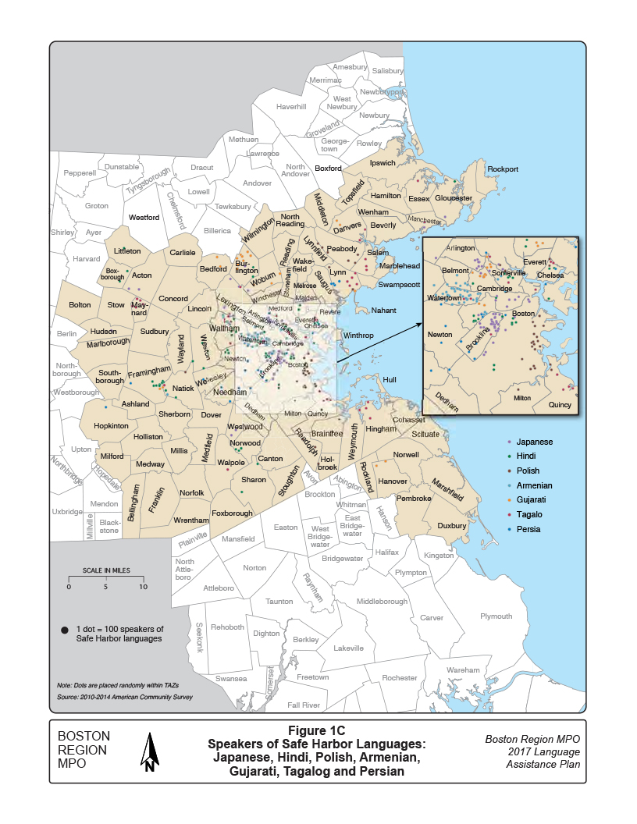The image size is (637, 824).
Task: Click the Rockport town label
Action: [x=502, y=169]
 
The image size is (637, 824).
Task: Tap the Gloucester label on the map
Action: [x=454, y=198]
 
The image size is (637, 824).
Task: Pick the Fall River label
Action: [x=304, y=705]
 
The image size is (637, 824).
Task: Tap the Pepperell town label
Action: [x=79, y=172]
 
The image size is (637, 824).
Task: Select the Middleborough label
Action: [x=382, y=602]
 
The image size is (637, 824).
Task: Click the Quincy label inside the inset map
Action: [x=559, y=405]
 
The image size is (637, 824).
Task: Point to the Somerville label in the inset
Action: [x=509, y=273]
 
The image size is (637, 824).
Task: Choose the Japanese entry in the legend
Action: [x=534, y=442]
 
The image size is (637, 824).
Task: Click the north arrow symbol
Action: [x=149, y=751]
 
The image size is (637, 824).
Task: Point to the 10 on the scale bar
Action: [x=142, y=586]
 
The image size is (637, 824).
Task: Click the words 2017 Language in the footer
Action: [x=532, y=751]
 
